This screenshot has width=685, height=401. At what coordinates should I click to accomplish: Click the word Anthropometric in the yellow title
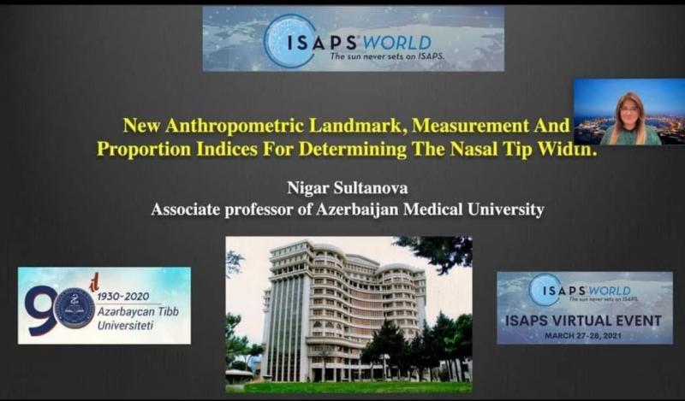(235, 126)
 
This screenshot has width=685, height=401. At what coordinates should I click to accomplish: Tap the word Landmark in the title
(358, 126)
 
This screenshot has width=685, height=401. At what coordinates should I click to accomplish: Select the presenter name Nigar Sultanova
(348, 188)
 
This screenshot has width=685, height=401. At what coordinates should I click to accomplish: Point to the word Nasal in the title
(475, 150)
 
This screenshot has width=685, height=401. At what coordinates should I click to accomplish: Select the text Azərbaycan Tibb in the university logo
(138, 311)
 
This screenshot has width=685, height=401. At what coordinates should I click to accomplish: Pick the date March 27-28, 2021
(583, 336)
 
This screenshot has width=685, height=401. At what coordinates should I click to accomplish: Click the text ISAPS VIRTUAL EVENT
(583, 321)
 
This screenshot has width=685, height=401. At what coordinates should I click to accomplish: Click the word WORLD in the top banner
(396, 43)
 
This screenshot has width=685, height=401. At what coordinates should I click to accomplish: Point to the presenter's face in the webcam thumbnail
(628, 110)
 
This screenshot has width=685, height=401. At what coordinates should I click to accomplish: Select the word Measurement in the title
(470, 126)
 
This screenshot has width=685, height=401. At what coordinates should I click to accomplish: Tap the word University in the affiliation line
(505, 209)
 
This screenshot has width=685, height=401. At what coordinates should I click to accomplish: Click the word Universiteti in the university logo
(125, 326)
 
